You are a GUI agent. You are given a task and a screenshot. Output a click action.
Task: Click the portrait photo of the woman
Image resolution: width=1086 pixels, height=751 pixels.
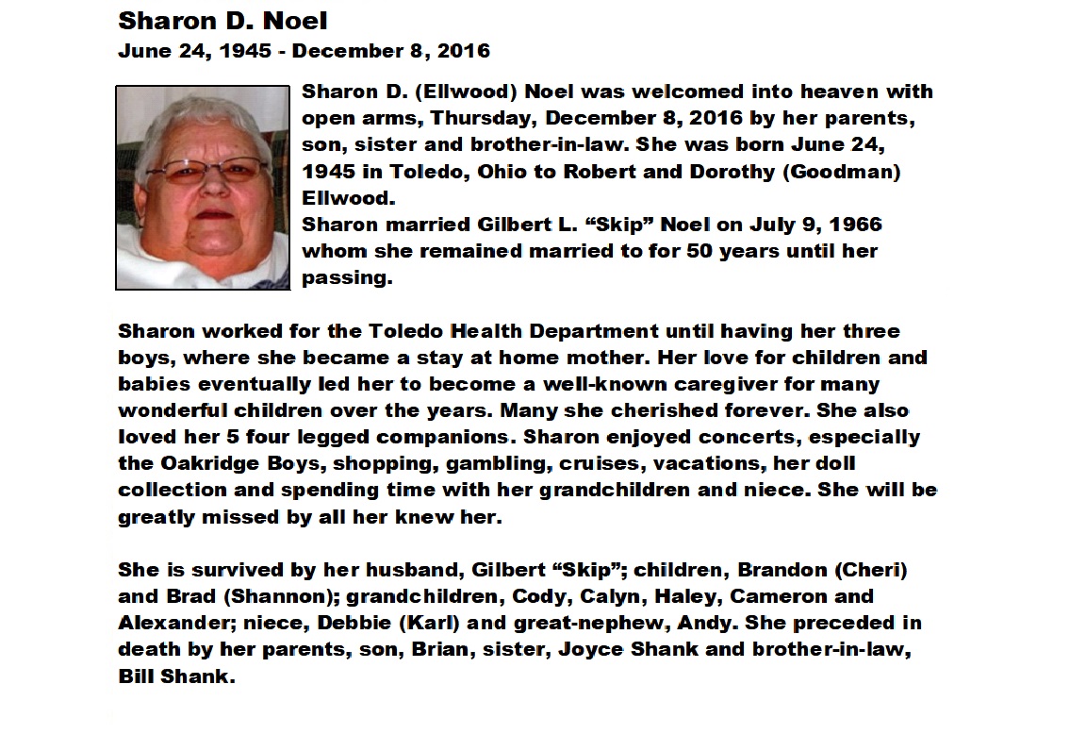pyautogui.click(x=202, y=188)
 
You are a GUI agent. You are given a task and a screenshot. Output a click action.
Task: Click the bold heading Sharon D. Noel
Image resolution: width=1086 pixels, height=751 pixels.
pyautogui.click(x=222, y=20)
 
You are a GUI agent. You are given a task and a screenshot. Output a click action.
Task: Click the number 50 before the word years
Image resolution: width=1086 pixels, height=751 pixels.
pyautogui.click(x=687, y=252)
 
